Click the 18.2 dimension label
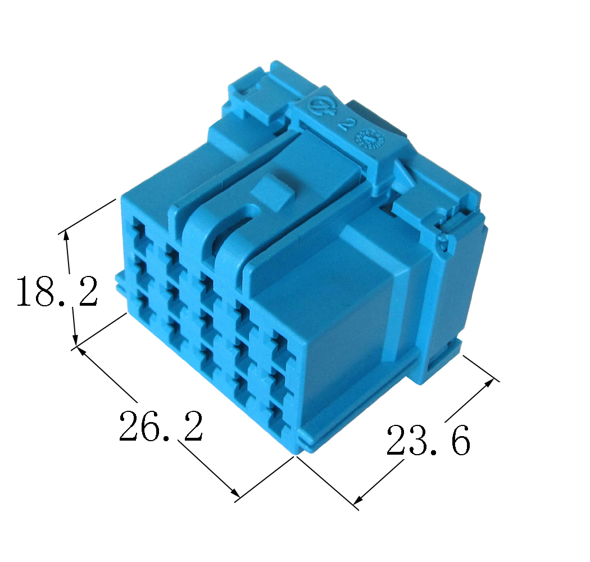coord(57,291)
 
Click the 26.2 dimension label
coord(161,426)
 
